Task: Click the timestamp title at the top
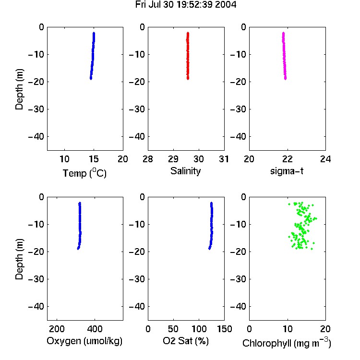click(x=185, y=5)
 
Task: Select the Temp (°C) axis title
click(x=84, y=173)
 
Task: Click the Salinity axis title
click(x=185, y=171)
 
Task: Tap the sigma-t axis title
click(x=287, y=171)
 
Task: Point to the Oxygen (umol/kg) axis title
click(x=84, y=341)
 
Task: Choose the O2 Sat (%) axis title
click(x=185, y=341)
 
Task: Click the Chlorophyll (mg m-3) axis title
click(x=287, y=343)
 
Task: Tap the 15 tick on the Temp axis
click(x=94, y=159)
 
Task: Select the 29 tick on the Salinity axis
click(x=173, y=159)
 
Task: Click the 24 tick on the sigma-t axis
click(x=325, y=159)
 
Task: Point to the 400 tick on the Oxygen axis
click(x=95, y=329)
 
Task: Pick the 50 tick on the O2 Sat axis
click(x=173, y=329)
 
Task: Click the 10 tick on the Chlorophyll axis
click(x=288, y=329)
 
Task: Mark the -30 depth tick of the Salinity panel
click(x=137, y=109)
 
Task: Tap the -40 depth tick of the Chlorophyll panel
click(x=238, y=306)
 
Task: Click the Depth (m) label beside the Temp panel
click(x=19, y=89)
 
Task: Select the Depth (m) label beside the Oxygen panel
click(x=19, y=259)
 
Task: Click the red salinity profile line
click(x=188, y=56)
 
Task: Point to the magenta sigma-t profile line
click(x=284, y=56)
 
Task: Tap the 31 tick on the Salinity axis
click(x=224, y=159)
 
